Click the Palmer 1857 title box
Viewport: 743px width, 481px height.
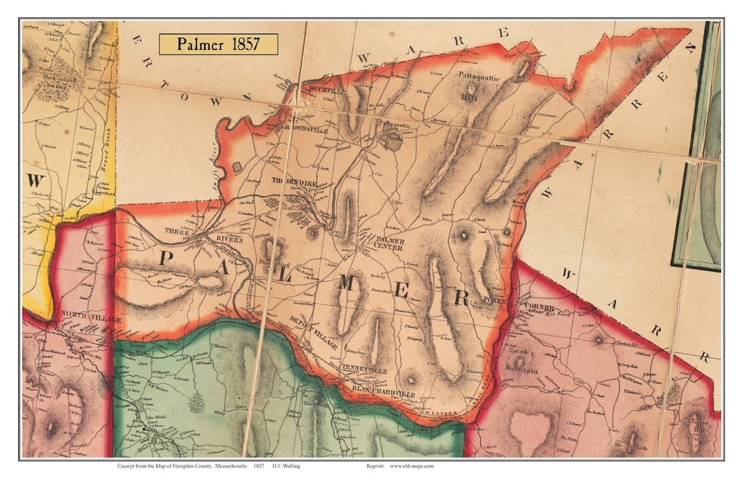(218, 44)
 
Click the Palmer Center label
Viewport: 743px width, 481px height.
(388, 244)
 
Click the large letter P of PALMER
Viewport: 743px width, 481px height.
(167, 260)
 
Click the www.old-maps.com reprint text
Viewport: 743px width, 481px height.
(411, 466)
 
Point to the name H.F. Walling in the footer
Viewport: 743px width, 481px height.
(286, 466)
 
